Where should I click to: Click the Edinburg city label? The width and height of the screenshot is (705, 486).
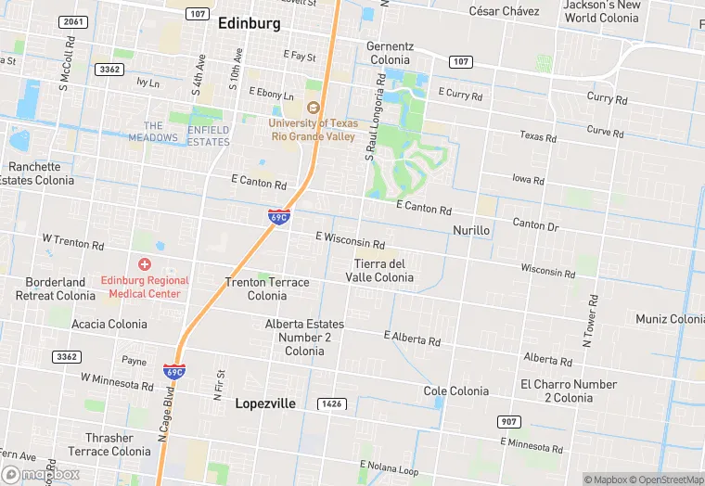(249, 25)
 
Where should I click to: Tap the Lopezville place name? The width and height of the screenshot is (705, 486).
(265, 403)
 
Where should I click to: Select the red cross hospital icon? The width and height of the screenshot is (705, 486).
(145, 264)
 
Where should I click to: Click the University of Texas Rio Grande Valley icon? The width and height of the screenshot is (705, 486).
(313, 107)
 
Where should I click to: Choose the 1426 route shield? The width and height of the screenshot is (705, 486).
(330, 403)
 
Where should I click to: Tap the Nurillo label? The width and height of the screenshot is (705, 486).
(470, 229)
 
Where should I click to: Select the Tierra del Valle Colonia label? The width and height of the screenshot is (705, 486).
(379, 271)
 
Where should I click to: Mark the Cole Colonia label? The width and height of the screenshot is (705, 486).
(455, 391)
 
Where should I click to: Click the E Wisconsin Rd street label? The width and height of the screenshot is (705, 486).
(350, 240)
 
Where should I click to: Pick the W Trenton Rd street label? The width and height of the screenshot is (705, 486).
(73, 241)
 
